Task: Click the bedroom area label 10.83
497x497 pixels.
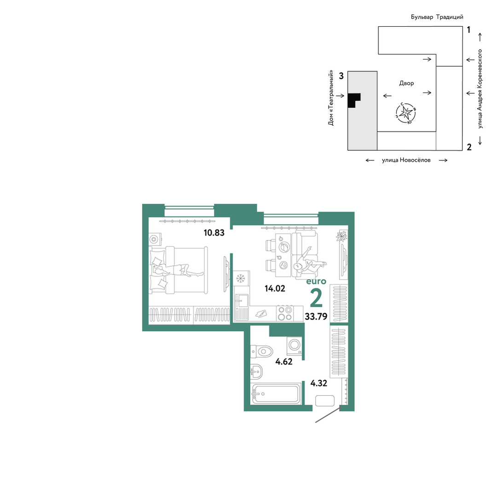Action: pos(214,233)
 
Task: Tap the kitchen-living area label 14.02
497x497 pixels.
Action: pos(275,288)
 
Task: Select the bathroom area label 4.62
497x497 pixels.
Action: pos(283,362)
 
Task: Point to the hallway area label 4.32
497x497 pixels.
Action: pos(318,383)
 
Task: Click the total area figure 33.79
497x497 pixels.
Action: pos(316,316)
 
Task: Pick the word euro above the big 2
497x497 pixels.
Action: pos(316,281)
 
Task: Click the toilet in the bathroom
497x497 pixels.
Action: pos(261,351)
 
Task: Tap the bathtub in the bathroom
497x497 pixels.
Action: pos(276,394)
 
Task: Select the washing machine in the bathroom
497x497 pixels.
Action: pos(295,346)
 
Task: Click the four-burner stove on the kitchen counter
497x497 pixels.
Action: pos(284,313)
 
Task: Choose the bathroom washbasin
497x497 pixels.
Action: pos(256,371)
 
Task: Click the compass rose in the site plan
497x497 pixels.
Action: pos(405,113)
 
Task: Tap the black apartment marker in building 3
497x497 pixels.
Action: pos(354,100)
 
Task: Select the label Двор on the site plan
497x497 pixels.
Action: pos(406,83)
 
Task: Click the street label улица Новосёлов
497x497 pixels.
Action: pos(406,160)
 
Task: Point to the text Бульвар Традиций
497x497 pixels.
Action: pos(437,17)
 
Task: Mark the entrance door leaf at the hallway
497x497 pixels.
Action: pos(328,414)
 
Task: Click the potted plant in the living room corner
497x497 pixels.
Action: pos(341,236)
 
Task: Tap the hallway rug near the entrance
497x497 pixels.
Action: pos(325,401)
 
